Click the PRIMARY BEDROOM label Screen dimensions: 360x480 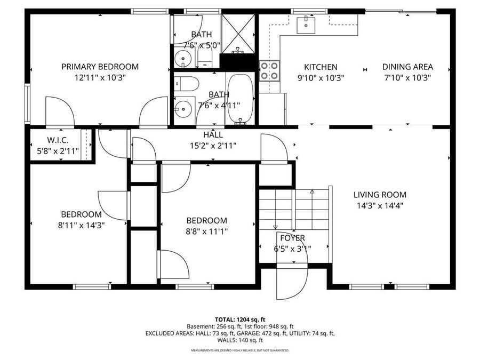(x=100, y=67)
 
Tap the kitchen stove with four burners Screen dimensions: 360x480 (x=270, y=70)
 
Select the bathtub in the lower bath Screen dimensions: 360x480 (x=241, y=99)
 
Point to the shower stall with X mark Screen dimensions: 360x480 (x=238, y=33)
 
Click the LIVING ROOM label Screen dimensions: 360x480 (x=379, y=195)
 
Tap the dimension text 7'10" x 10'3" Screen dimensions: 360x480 (x=407, y=77)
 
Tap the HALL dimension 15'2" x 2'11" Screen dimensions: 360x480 (x=213, y=145)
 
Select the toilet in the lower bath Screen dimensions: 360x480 (x=187, y=84)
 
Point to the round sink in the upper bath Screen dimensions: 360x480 (x=183, y=59)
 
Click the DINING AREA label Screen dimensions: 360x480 (x=407, y=67)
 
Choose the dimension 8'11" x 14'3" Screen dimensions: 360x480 (x=81, y=225)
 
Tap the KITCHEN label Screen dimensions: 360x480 (x=321, y=67)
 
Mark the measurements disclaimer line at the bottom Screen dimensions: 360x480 (x=239, y=350)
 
